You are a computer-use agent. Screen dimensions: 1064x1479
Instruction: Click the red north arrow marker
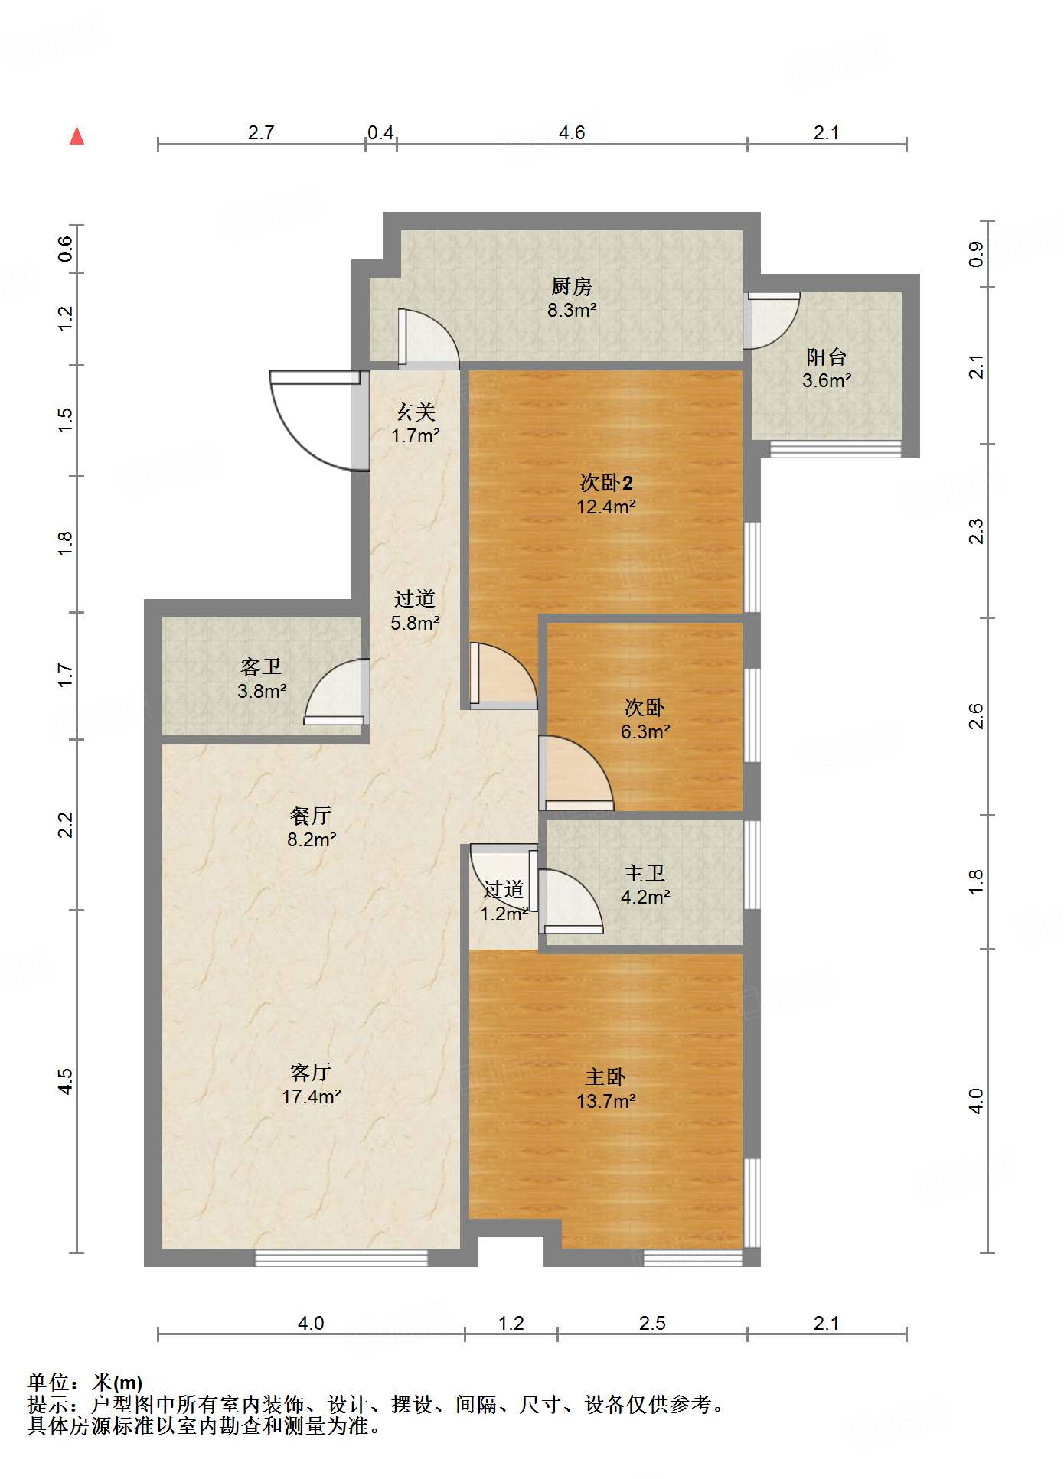click(77, 135)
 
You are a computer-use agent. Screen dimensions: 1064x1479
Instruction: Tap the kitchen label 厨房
click(572, 287)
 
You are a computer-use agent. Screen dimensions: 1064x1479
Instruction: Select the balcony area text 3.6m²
click(827, 380)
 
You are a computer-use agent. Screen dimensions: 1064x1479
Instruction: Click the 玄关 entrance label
click(415, 412)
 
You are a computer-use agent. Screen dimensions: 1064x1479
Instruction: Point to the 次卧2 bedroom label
click(606, 483)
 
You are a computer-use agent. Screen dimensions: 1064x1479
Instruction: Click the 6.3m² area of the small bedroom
click(645, 731)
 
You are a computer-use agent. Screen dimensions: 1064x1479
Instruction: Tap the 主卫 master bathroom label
click(645, 873)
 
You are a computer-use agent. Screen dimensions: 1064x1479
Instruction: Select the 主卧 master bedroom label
click(605, 1077)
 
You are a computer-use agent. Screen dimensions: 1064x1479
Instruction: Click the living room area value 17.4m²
click(311, 1096)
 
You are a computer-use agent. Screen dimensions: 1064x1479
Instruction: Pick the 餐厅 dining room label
click(311, 816)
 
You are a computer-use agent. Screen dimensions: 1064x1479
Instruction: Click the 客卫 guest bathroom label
click(261, 667)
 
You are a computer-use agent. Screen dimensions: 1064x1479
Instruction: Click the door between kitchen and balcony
click(772, 320)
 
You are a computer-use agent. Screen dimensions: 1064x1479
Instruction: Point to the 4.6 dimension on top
click(572, 132)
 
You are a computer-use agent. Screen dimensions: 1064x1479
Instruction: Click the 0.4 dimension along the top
click(380, 133)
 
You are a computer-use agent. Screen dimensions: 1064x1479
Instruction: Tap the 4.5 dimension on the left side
click(65, 1081)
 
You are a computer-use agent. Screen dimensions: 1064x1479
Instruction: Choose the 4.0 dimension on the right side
click(976, 1101)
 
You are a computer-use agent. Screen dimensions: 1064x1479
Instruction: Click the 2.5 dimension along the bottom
click(652, 1323)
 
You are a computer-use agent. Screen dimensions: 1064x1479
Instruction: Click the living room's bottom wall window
click(341, 1257)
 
